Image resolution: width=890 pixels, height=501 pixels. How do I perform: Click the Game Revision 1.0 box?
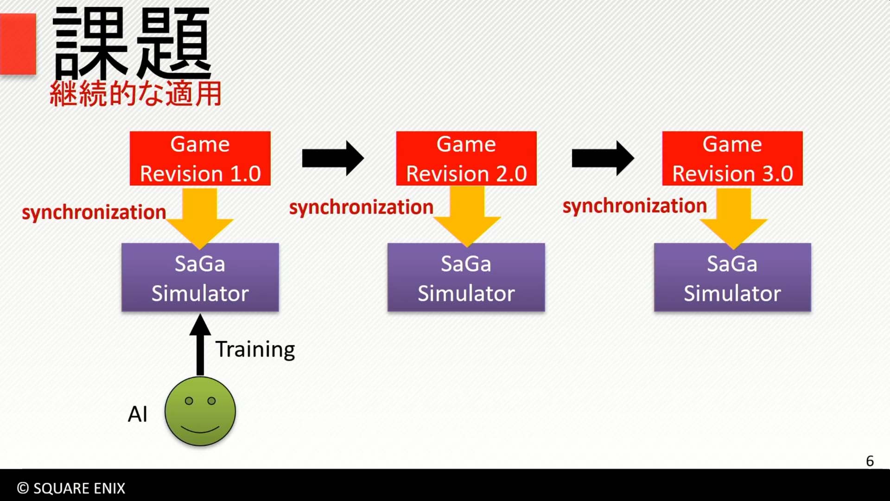(x=200, y=159)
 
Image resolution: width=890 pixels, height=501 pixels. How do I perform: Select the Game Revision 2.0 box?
(x=466, y=159)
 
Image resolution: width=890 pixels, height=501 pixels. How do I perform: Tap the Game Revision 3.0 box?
(x=732, y=159)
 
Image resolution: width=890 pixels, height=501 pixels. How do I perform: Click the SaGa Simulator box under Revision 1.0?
(x=200, y=277)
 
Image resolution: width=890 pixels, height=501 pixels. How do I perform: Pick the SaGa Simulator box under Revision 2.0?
(x=466, y=277)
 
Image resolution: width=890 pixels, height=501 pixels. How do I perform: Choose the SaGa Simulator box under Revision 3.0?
(x=732, y=277)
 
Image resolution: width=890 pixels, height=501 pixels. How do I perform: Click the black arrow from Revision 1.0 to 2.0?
(x=333, y=159)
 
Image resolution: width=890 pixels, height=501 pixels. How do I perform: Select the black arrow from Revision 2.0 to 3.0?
(x=603, y=159)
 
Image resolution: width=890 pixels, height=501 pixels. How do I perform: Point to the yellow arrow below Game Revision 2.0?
(x=467, y=216)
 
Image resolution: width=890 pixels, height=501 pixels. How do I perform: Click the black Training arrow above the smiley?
(x=200, y=344)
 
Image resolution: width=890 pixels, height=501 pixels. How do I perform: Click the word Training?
(x=255, y=350)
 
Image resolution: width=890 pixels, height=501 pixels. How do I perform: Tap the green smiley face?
(x=200, y=411)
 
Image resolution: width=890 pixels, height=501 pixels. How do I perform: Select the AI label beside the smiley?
(x=138, y=414)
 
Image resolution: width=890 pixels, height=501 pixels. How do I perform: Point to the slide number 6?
(x=870, y=461)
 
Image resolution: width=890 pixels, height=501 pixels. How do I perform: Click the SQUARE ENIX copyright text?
(x=71, y=488)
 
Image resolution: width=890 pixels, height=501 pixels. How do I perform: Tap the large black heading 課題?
(x=132, y=43)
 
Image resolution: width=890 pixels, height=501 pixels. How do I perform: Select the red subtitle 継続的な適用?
(x=135, y=94)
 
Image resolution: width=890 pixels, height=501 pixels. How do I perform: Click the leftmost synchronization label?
(x=94, y=212)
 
